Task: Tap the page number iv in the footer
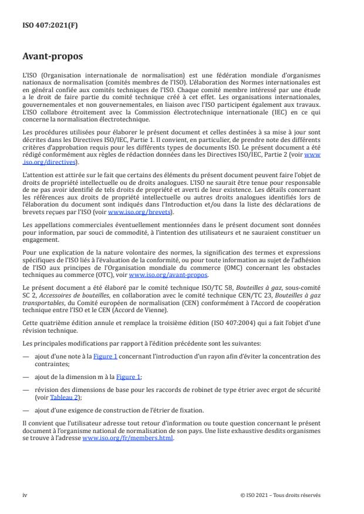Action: pos(25,495)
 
